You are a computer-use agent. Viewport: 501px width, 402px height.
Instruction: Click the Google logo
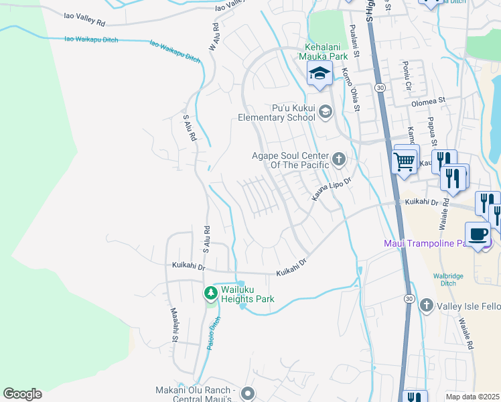[22, 394]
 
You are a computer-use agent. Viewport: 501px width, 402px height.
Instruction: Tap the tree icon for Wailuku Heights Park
[210, 293]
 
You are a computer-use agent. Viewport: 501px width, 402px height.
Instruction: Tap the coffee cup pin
[477, 234]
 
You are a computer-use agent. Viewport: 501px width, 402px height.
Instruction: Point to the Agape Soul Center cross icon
[339, 159]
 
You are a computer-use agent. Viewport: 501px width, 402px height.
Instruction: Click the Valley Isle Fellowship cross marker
[426, 306]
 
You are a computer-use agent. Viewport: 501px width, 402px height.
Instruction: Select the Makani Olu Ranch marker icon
[248, 393]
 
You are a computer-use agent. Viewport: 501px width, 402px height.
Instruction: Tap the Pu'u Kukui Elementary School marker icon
[326, 111]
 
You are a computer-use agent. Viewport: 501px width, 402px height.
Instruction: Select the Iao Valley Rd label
[84, 18]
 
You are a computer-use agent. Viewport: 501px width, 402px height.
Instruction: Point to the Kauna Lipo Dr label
[332, 188]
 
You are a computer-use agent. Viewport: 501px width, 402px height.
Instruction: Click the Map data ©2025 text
[472, 397]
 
